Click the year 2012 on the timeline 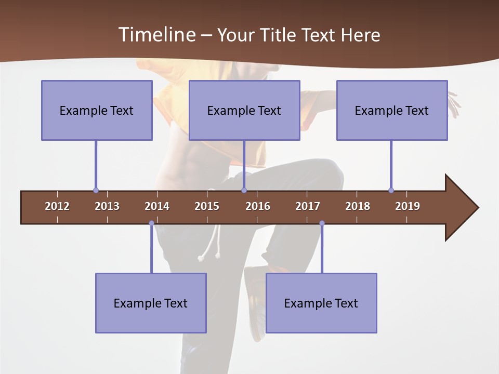pos(57,206)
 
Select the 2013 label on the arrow pos(107,206)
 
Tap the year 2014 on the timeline pos(157,206)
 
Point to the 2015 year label pos(207,206)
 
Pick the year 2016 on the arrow pos(258,206)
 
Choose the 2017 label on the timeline pos(308,206)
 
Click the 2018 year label pos(358,206)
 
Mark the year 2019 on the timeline pos(408,206)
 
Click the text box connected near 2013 pos(97,110)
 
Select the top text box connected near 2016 pos(244,110)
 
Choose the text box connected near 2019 pos(392,110)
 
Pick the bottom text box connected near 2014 pos(151,303)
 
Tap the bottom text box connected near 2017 pos(321,303)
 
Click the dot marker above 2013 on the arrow pos(96,191)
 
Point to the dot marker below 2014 pos(151,223)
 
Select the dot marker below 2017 pos(322,223)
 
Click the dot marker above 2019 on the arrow pos(391,191)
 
